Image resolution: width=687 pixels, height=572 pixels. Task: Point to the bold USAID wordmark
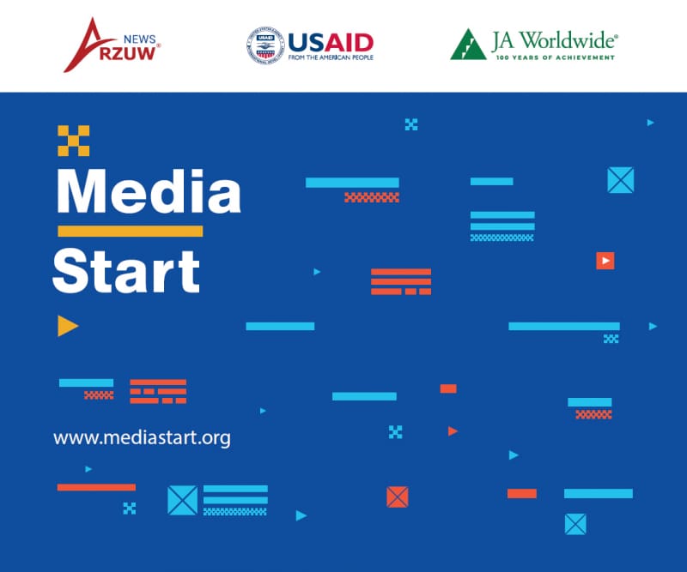(x=331, y=40)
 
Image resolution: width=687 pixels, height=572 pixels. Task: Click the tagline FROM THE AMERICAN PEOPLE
(x=331, y=58)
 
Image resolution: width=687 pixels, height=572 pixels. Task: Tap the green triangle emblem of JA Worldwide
(x=468, y=44)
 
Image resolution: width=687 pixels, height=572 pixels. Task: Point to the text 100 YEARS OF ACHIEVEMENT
(x=554, y=57)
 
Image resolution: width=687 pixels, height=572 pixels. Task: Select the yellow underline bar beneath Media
(x=130, y=231)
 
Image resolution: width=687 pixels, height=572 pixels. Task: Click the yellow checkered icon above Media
(x=74, y=141)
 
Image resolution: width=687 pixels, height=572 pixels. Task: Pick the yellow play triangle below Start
(x=67, y=326)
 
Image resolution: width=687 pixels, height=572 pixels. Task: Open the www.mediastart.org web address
(x=142, y=437)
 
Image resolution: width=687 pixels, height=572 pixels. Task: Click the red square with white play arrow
(x=605, y=261)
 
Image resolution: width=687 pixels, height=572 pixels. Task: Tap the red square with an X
(x=397, y=497)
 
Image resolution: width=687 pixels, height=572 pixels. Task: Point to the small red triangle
(x=453, y=431)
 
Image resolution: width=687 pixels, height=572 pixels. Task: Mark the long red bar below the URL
(x=96, y=487)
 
